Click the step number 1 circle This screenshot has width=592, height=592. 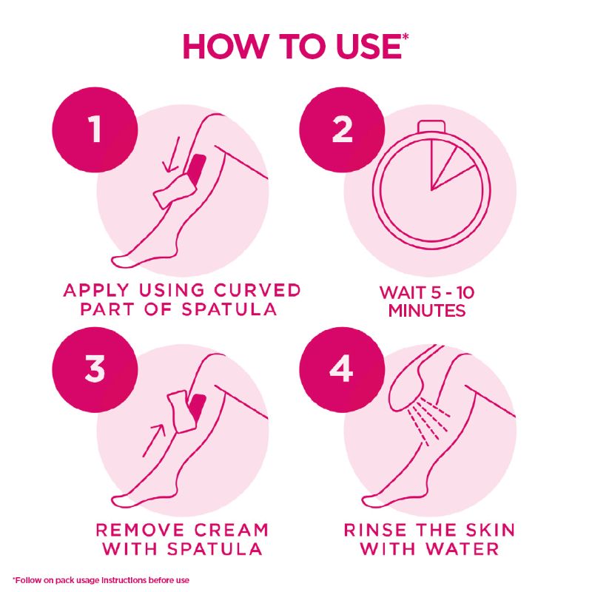click(95, 129)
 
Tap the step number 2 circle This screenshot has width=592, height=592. click(342, 129)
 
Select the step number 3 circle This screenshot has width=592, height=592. click(95, 370)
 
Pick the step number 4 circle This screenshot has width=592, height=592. click(342, 370)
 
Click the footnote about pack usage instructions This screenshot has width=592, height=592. click(101, 579)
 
